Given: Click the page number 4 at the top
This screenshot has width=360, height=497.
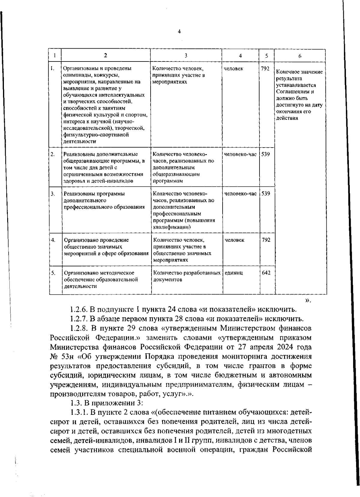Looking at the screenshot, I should pos(179,31).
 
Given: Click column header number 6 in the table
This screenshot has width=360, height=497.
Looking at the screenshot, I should pos(300,56).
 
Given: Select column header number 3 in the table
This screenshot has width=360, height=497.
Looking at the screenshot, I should pos(186,55).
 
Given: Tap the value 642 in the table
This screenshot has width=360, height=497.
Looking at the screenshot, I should pos(266,273).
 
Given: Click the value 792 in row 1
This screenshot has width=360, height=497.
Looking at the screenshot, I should pos(265,68).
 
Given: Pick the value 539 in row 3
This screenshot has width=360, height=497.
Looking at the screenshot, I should pos(265,193).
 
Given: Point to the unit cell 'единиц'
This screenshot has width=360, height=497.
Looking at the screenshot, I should pos(234,273).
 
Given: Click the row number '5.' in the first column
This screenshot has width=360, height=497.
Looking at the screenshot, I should pos(53,273).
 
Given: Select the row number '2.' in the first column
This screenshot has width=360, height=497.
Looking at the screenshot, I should pos(52,154).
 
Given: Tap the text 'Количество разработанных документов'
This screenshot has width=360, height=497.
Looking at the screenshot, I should pos(187,276).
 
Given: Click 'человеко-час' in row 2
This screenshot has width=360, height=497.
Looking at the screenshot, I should pos(240,154).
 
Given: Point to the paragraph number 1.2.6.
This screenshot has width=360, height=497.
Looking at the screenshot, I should pos(79,309).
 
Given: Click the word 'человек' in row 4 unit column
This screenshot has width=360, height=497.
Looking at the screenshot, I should pos(234,240).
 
